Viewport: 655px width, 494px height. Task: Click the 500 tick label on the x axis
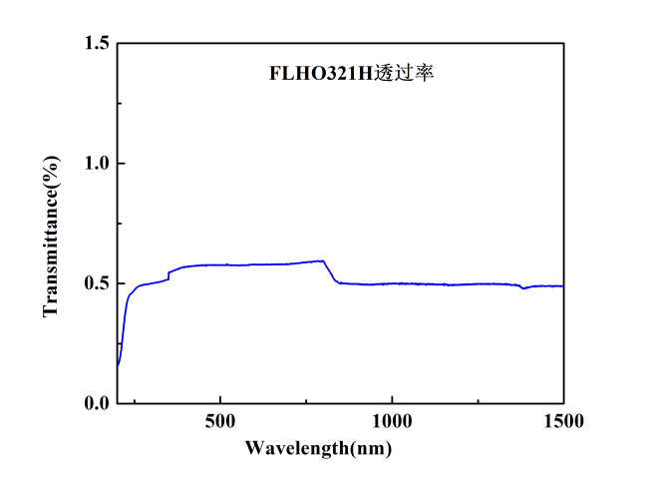220,422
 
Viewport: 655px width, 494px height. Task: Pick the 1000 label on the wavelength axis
392,422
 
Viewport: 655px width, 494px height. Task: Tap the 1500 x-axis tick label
563,422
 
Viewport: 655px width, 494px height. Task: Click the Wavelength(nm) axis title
319,448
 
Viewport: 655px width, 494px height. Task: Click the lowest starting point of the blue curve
118,365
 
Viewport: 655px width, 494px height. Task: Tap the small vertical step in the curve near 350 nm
168,275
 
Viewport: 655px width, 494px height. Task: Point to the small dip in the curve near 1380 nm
522,287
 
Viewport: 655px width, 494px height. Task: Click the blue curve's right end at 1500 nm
563,285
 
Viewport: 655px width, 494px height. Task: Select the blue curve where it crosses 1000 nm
392,283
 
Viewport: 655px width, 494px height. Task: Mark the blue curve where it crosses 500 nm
220,264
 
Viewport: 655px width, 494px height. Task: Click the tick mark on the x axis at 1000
392,399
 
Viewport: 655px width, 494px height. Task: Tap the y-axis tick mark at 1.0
121,163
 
